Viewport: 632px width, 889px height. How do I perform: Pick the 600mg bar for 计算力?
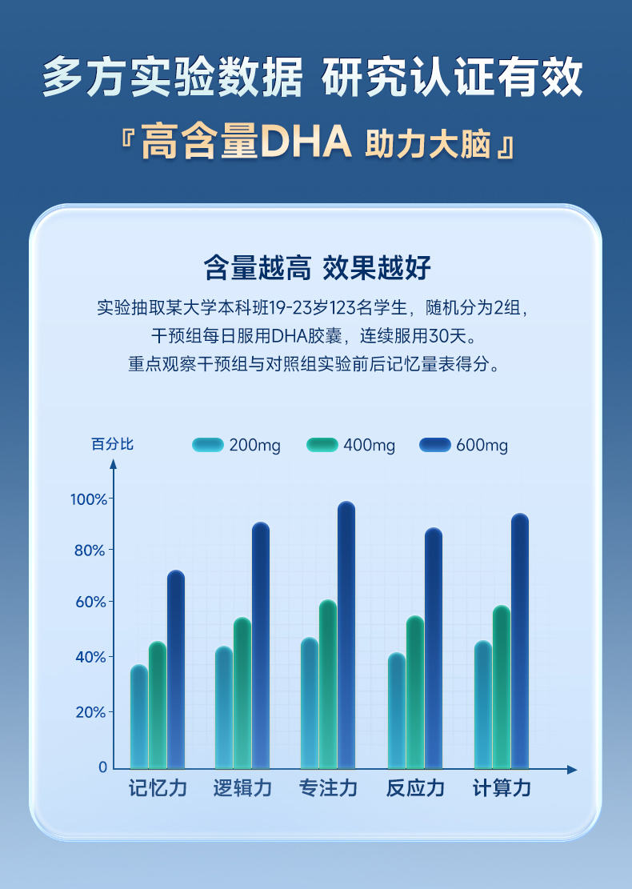click(x=520, y=640)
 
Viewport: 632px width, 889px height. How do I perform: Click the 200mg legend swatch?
click(x=207, y=445)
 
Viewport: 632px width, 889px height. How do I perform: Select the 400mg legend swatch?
click(x=322, y=445)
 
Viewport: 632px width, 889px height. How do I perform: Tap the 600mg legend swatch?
click(x=435, y=445)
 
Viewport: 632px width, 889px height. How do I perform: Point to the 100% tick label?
click(x=88, y=499)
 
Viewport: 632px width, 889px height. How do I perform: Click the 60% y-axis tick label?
click(x=90, y=602)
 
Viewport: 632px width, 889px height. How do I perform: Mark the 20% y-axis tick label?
click(x=90, y=712)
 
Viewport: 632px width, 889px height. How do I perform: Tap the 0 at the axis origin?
click(x=102, y=767)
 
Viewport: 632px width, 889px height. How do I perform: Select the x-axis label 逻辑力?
click(x=242, y=788)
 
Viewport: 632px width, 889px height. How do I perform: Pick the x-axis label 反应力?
click(x=415, y=788)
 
